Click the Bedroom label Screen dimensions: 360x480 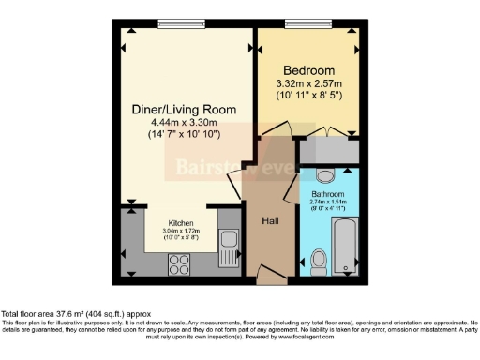pos(308,71)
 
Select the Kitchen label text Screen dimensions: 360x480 pos(182,222)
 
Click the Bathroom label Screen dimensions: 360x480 pos(329,193)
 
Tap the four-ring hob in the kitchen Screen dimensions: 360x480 pos(180,264)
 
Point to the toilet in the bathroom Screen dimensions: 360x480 pos(319,260)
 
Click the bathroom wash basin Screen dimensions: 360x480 pos(323,175)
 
